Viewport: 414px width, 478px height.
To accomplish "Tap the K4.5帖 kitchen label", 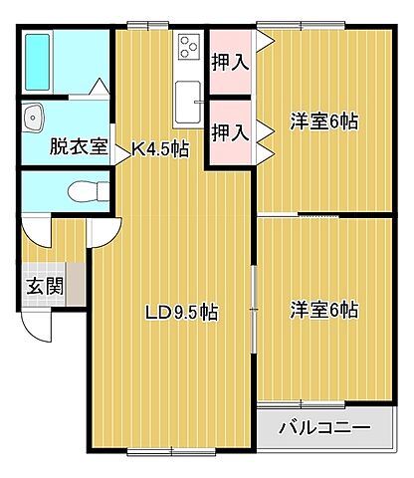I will [161, 149].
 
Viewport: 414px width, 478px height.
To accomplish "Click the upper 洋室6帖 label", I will [324, 121].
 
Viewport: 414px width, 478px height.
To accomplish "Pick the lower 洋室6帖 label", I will [324, 310].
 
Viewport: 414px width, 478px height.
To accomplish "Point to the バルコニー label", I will [323, 430].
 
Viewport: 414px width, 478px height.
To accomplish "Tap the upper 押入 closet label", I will [229, 62].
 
